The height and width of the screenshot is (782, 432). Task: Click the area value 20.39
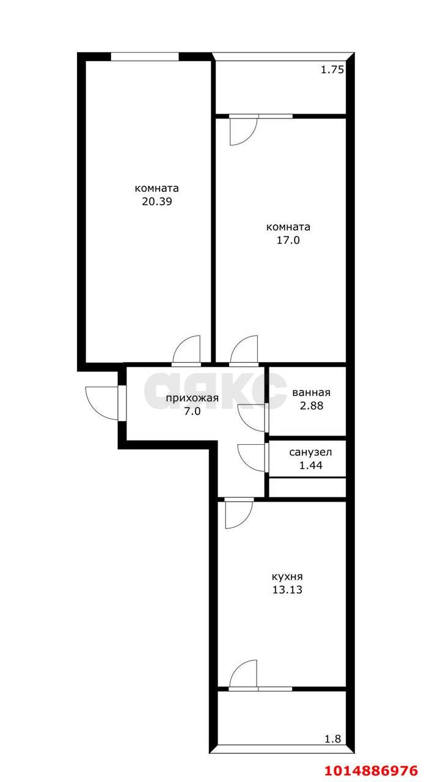[x=157, y=202]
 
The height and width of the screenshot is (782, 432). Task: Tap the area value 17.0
[x=288, y=240]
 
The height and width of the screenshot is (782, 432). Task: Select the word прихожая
[x=192, y=398]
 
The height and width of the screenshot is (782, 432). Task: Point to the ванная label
[x=311, y=392]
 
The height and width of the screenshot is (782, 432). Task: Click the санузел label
[x=310, y=453]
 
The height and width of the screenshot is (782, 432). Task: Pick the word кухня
[x=287, y=576]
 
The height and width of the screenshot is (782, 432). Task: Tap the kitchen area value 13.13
[x=287, y=590]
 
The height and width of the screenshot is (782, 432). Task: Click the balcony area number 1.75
[x=332, y=70]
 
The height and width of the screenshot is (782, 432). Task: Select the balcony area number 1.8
[x=333, y=739]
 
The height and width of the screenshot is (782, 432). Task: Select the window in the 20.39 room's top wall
[x=145, y=57]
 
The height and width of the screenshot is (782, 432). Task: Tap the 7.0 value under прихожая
[x=192, y=411]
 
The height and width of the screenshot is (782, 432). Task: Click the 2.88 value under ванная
[x=312, y=406]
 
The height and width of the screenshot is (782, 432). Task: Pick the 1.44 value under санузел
[x=311, y=466]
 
